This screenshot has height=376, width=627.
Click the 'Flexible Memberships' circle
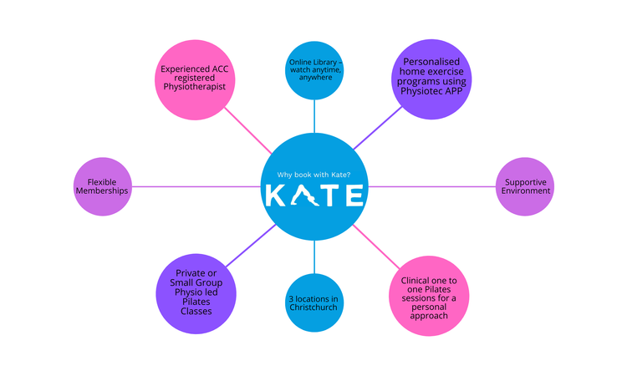(107, 185)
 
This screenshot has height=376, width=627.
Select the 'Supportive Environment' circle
(526, 185)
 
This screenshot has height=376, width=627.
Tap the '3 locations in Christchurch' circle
(315, 303)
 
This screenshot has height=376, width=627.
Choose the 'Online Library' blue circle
(314, 68)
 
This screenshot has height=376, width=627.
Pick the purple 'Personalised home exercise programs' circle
(433, 79)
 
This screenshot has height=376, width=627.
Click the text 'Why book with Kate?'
(314, 175)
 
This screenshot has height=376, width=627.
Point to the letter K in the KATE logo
(278, 195)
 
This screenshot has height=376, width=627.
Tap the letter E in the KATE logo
(354, 195)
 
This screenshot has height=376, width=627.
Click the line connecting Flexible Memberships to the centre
(201, 185)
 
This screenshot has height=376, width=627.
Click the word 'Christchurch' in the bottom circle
(315, 308)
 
